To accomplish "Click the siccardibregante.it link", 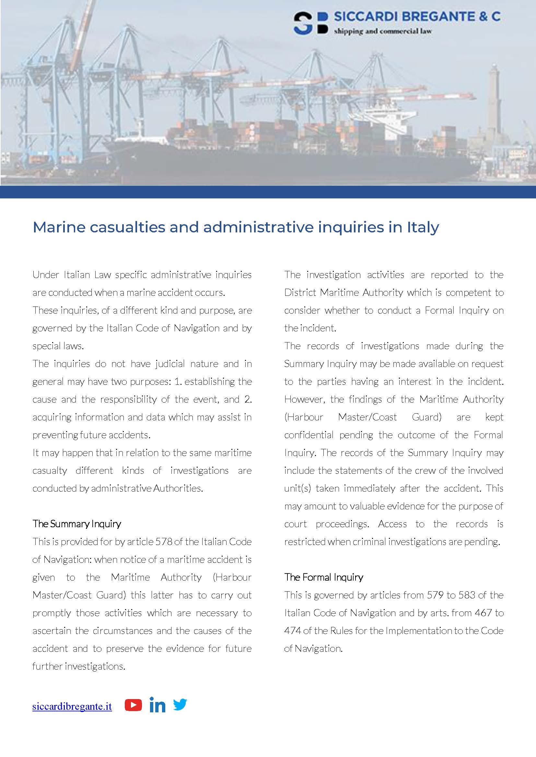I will (x=72, y=706).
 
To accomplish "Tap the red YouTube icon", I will (x=133, y=705).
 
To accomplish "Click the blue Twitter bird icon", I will (x=180, y=704).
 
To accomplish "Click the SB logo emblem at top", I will (x=310, y=23).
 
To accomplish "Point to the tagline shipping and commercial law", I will (x=382, y=32).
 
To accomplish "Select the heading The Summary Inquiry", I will (x=76, y=524).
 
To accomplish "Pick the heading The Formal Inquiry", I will (x=323, y=577).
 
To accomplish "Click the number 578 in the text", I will (x=164, y=542).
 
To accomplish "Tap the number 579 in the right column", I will (x=435, y=595).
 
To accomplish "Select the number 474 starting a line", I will (x=292, y=631).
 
